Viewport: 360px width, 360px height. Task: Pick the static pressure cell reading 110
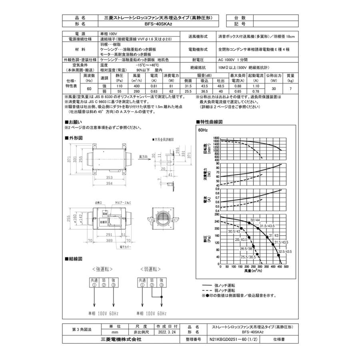(119, 86)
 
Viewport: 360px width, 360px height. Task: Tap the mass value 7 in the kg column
(290, 88)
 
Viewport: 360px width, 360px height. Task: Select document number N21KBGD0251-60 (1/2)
(233, 339)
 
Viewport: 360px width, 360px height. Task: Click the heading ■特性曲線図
(209, 122)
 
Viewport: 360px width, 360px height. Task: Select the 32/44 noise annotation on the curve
(255, 220)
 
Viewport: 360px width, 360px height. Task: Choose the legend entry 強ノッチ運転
(226, 284)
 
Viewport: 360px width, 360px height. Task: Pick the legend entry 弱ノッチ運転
(226, 290)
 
